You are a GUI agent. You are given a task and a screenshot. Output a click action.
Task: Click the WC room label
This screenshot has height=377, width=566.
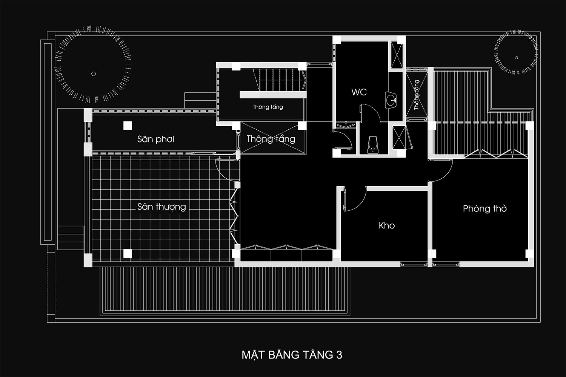coord(359,92)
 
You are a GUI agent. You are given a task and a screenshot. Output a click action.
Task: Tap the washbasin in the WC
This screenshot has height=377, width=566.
coord(391,100)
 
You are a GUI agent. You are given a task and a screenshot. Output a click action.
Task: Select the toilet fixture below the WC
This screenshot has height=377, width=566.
coord(373,145)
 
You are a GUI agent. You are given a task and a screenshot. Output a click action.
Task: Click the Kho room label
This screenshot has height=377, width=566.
coord(387,225)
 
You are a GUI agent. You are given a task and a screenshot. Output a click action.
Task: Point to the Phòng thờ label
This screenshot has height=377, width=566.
coord(485,208)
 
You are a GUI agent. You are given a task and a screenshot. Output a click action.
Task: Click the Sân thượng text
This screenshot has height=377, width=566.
coord(161,207)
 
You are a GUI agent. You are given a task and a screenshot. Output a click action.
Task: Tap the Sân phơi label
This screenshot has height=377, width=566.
coord(155,139)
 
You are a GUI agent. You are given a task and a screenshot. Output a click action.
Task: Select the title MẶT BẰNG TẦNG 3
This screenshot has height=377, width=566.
coord(292,355)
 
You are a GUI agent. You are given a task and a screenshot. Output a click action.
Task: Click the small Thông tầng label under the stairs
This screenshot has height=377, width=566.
coord(268,107)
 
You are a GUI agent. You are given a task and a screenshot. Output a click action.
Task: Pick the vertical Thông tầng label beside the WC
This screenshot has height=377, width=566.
coord(417,95)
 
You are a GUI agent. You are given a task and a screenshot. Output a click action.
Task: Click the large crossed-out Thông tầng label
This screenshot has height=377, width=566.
coord(271,139)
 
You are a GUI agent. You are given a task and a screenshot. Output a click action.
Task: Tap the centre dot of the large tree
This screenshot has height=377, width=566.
coord(94,74)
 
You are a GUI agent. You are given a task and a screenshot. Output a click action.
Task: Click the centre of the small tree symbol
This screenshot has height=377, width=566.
coord(517,58)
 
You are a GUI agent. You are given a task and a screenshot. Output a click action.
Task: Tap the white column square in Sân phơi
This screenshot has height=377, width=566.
coord(128,126)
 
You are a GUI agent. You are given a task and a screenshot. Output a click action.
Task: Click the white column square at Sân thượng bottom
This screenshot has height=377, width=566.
coord(128,254)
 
